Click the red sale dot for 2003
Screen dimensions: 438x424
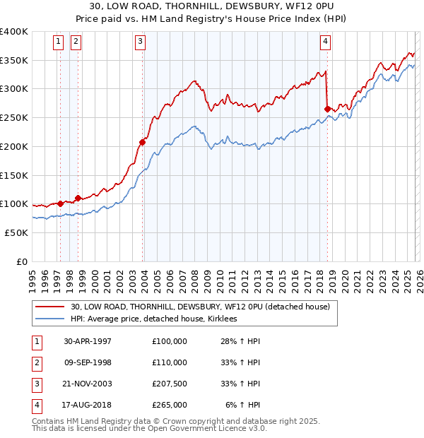coord(143,143)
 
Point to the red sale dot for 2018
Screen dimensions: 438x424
coord(327,109)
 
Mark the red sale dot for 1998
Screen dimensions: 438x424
coord(78,199)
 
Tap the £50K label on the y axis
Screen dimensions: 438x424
coord(16,232)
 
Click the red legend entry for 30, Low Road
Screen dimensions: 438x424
coord(200,307)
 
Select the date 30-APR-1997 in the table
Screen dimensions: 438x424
coord(88,341)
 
